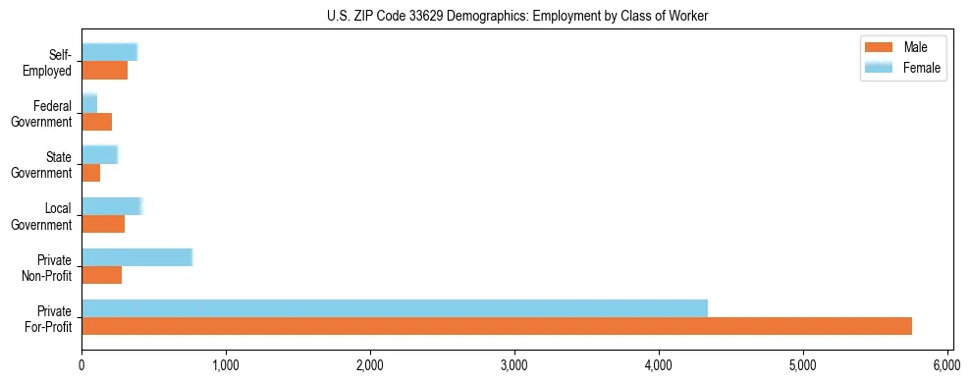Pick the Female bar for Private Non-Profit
136,257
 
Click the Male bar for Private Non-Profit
102,275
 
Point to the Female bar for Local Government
112,206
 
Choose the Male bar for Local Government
103,224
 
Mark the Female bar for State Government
99,154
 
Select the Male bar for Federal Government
97,122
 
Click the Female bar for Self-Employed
109,52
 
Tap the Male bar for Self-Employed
105,71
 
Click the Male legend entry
900,47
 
